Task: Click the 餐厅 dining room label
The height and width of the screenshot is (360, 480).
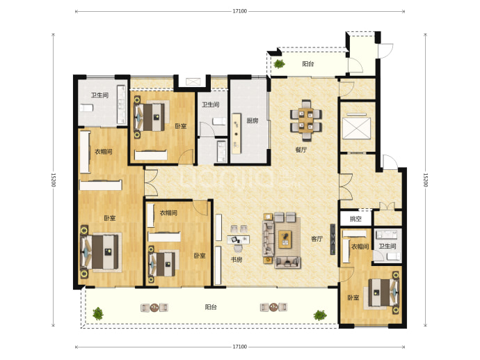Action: (x=301, y=150)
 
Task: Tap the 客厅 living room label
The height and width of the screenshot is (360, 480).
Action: (x=317, y=239)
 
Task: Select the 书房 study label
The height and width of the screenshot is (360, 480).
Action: (x=237, y=260)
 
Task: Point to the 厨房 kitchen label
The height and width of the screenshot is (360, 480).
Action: (x=253, y=120)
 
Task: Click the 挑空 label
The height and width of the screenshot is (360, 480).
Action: (x=355, y=219)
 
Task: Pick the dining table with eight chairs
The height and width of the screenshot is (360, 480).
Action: (x=306, y=120)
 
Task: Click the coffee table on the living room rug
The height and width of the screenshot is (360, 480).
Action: (x=285, y=240)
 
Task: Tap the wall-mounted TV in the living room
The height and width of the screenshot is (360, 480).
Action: (x=333, y=239)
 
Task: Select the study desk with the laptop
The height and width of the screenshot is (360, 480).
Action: (x=238, y=240)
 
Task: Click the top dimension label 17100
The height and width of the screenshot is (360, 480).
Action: (x=239, y=11)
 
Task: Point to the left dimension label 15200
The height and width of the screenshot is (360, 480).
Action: (x=54, y=180)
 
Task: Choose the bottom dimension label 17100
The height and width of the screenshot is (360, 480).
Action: (x=239, y=347)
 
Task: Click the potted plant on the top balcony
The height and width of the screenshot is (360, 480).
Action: (x=279, y=64)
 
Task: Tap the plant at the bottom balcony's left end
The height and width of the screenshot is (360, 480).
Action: (x=98, y=313)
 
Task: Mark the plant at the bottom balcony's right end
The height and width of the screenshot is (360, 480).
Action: (x=320, y=315)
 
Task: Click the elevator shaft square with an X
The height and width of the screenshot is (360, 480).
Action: (x=357, y=127)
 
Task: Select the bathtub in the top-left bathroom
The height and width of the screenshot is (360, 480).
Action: (x=87, y=108)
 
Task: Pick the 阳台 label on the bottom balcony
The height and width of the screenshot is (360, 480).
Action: (x=211, y=307)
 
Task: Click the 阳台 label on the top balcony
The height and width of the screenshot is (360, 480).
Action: (x=308, y=64)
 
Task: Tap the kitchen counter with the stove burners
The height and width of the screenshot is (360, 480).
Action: (x=236, y=134)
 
